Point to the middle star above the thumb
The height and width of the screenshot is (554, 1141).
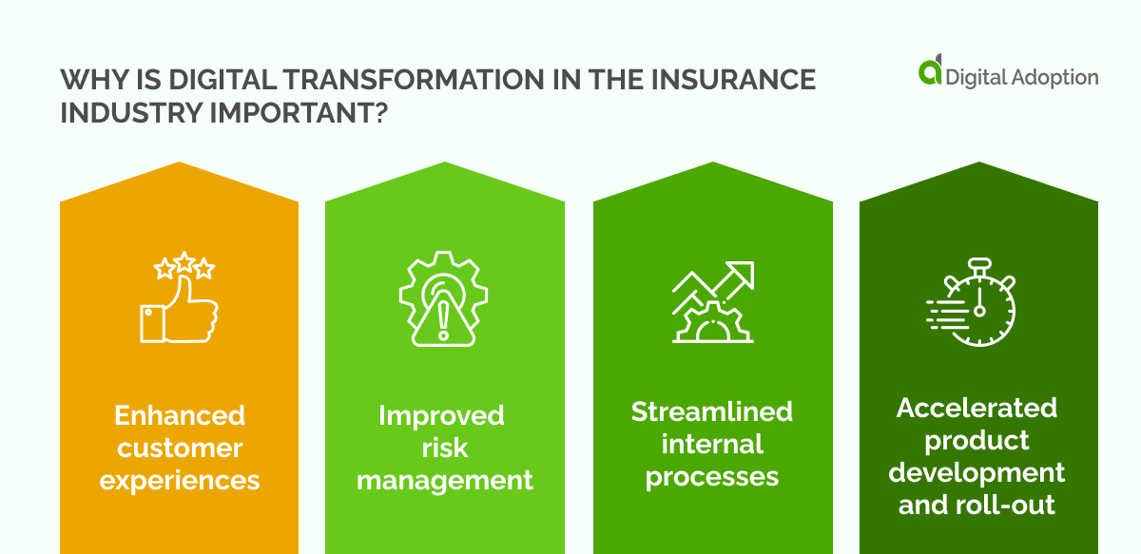click(x=184, y=266)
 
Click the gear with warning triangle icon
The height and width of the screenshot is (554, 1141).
click(x=442, y=297)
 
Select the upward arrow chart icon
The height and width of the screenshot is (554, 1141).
click(x=712, y=301)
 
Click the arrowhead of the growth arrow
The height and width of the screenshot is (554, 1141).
click(x=743, y=274)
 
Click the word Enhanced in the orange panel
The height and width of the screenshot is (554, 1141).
click(x=179, y=415)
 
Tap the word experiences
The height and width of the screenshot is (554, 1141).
click(x=179, y=480)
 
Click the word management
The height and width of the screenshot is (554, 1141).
click(x=444, y=480)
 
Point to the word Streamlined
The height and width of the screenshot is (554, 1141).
click(x=712, y=411)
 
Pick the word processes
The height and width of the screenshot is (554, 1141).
click(x=712, y=475)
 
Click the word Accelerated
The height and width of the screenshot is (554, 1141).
click(x=977, y=408)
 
